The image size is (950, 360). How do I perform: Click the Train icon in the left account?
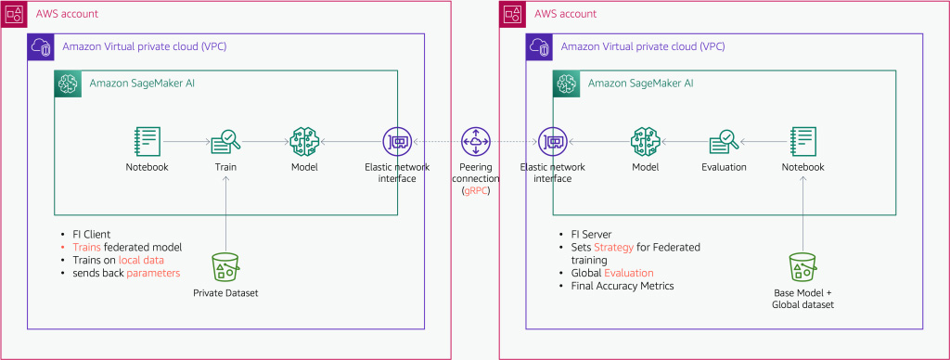225,142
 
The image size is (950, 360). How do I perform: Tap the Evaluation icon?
724,142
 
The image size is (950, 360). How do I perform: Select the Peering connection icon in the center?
475,142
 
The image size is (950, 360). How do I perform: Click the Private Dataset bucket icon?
225,268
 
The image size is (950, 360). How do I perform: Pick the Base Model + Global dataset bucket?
804,268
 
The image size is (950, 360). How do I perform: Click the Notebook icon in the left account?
147,142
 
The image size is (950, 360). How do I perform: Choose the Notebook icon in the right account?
804,142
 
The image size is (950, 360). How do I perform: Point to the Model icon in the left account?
304,142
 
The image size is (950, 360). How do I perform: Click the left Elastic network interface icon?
397,142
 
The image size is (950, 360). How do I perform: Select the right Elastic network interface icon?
553,142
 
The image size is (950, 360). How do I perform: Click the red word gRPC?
476,190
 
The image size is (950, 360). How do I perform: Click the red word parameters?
153,273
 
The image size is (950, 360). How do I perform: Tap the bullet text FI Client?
91,234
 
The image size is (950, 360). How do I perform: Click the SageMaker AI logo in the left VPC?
68,84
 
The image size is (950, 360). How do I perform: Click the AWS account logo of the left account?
14,14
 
